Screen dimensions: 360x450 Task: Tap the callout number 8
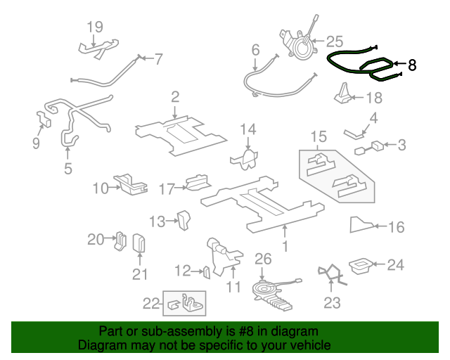pyautogui.click(x=412, y=65)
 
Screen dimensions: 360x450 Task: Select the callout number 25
pyautogui.click(x=334, y=41)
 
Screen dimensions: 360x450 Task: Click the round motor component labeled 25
pyautogui.click(x=300, y=46)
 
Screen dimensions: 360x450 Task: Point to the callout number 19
pyautogui.click(x=95, y=27)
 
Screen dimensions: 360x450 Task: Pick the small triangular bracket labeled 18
pyautogui.click(x=342, y=93)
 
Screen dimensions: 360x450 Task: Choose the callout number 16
pyautogui.click(x=397, y=226)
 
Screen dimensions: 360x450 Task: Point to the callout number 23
pyautogui.click(x=332, y=302)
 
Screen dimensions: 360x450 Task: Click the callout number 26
pyautogui.click(x=262, y=259)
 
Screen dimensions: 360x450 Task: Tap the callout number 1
pyautogui.click(x=285, y=246)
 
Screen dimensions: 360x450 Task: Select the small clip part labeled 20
pyautogui.click(x=120, y=240)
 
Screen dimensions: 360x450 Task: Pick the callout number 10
pyautogui.click(x=101, y=188)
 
